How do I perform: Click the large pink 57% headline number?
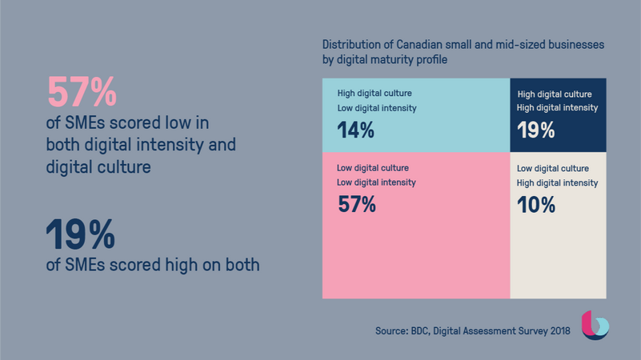(x=82, y=92)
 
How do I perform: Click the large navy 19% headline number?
(x=80, y=235)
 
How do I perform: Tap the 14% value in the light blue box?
(x=355, y=130)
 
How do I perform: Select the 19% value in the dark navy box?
(x=535, y=130)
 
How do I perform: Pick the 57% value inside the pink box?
(x=356, y=205)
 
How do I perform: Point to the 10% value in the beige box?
(x=535, y=205)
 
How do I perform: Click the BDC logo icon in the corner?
(x=595, y=325)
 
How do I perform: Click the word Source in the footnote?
(x=392, y=330)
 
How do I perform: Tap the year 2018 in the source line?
(x=559, y=330)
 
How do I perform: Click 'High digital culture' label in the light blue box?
(x=375, y=93)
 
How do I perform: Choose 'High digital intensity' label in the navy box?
(x=557, y=108)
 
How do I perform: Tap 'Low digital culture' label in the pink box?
(x=372, y=168)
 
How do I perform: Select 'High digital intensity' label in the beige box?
(x=557, y=183)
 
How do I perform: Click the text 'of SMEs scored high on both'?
(x=153, y=265)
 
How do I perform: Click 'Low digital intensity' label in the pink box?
(x=376, y=182)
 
